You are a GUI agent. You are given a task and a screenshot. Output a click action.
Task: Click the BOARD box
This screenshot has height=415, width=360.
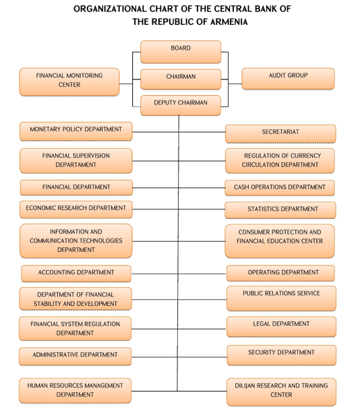181,52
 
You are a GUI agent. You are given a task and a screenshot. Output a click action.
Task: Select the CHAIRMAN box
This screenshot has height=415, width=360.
181,79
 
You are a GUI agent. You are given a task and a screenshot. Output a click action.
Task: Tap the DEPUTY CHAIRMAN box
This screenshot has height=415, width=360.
181,105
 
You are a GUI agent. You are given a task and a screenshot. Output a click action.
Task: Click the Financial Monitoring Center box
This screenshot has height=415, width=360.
69,82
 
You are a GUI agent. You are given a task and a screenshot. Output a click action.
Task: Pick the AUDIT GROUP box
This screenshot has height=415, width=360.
289,79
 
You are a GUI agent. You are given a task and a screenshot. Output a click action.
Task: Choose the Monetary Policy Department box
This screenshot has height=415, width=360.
76,131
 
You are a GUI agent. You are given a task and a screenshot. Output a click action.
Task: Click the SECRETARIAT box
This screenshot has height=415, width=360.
280,133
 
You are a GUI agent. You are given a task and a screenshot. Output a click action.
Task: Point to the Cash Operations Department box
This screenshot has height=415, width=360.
280,188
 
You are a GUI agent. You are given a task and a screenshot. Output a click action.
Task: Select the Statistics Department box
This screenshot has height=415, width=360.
280,210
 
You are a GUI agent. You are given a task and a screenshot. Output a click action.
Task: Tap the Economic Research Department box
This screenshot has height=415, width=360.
76,210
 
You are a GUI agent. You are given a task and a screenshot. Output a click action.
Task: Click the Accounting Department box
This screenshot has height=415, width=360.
76,274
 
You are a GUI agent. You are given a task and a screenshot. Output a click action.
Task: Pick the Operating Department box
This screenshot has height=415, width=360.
280,274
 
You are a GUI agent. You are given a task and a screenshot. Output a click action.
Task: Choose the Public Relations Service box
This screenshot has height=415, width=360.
281,298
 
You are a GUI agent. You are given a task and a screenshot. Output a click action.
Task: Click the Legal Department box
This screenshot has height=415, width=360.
281,327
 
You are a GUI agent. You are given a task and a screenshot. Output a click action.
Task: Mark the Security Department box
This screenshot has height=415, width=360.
282,355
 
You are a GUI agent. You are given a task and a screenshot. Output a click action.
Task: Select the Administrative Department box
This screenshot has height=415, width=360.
76,356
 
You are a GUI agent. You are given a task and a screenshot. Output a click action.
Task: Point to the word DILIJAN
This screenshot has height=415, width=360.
245,385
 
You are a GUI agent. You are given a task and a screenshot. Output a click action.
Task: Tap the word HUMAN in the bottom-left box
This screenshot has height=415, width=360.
36,385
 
